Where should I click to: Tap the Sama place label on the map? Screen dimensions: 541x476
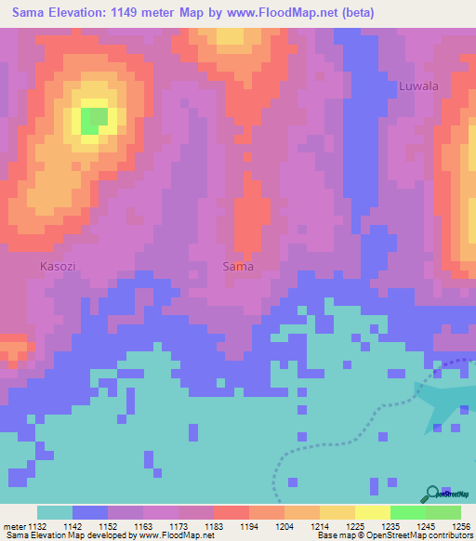point(238,266)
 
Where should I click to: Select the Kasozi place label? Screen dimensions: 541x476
point(58,266)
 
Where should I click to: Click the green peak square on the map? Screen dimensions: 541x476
point(93,120)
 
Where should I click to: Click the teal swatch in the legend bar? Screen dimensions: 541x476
point(55,512)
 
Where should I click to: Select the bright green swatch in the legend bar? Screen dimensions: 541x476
point(407,512)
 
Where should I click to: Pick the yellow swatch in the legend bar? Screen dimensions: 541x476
point(372,512)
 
